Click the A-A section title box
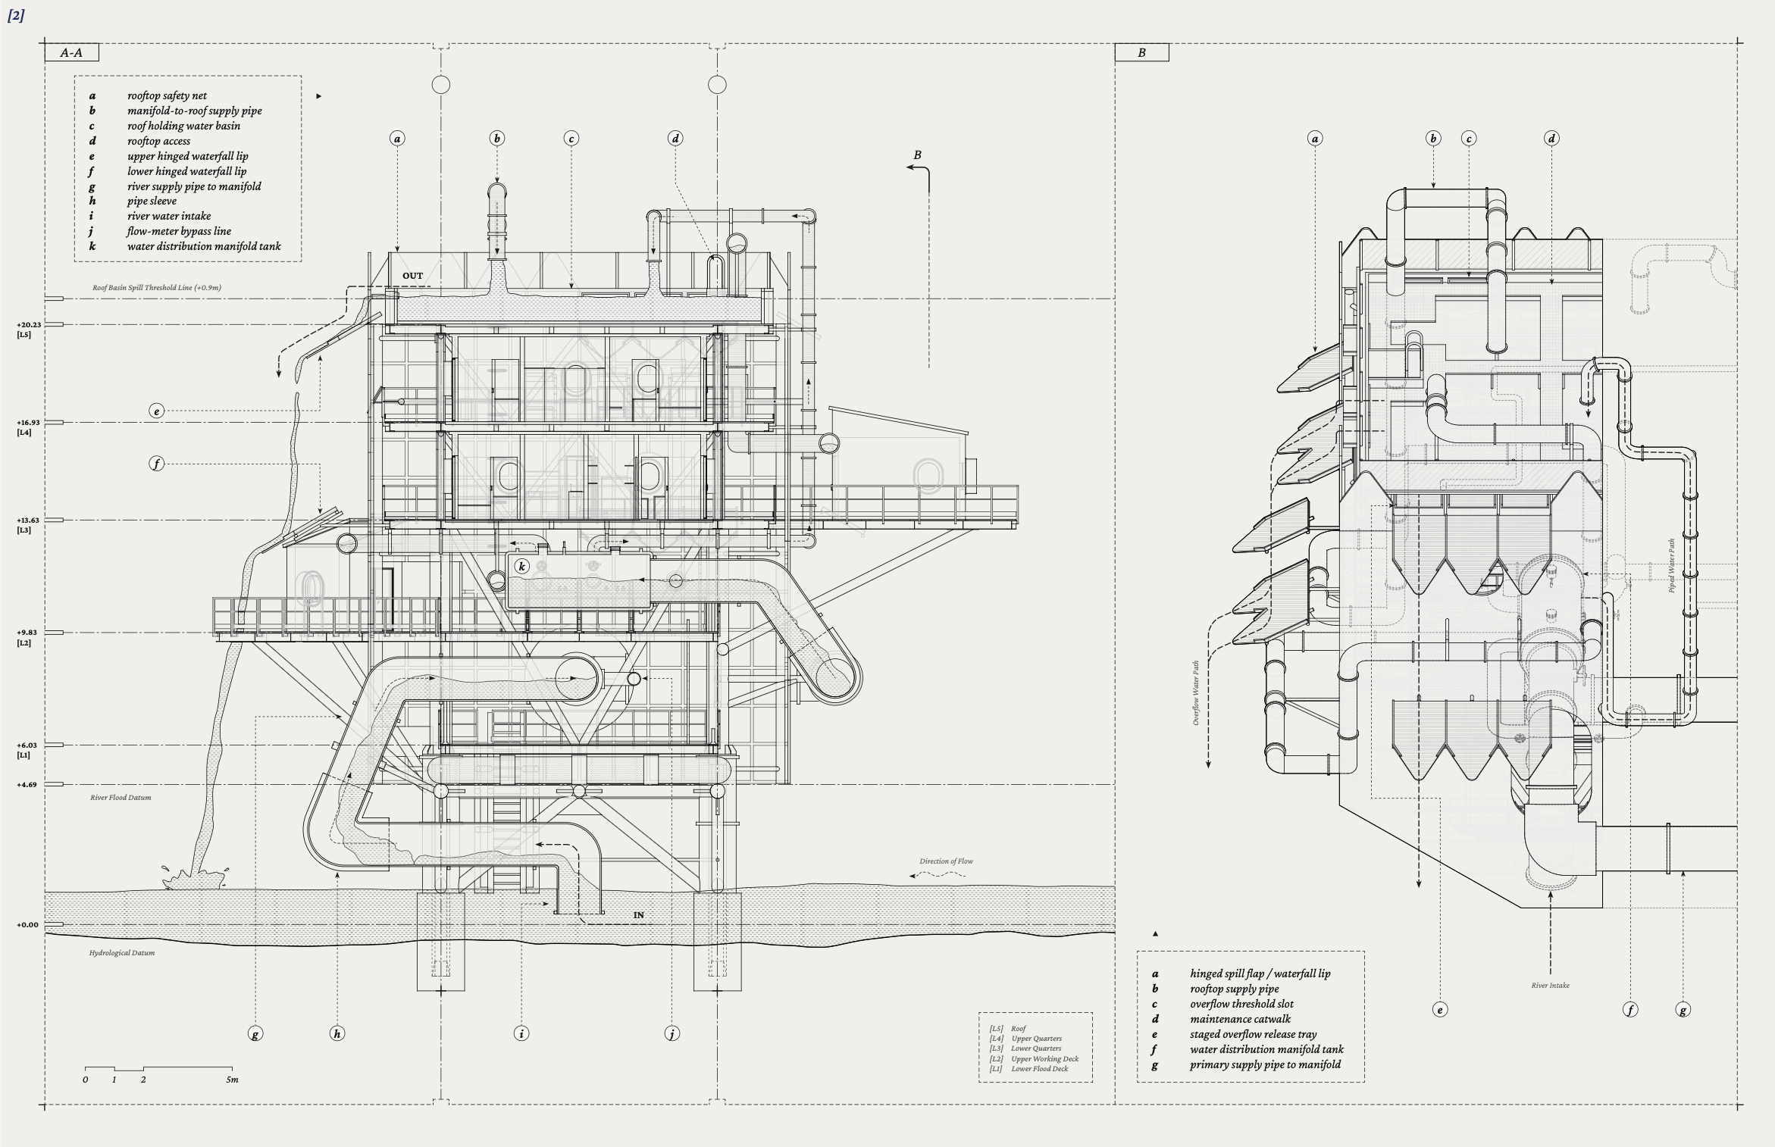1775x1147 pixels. [71, 52]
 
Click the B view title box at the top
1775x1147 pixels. [1141, 52]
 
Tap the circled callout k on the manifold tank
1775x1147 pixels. [521, 566]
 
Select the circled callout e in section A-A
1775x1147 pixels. [156, 411]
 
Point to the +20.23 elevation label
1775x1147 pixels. [29, 325]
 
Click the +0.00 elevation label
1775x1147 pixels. [27, 925]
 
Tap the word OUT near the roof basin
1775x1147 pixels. [412, 276]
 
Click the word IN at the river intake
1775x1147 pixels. [639, 915]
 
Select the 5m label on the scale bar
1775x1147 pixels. [232, 1080]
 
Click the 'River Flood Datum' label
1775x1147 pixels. [121, 798]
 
